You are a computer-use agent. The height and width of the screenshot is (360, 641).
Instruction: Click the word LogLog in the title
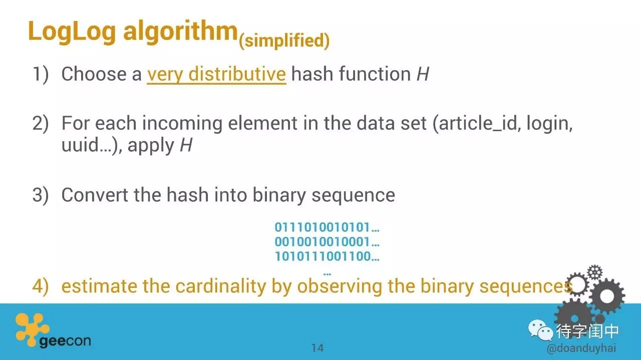point(72,32)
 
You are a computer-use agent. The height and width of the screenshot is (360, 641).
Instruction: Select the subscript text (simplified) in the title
point(284,41)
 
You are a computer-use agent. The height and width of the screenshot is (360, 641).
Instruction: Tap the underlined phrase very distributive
point(217,75)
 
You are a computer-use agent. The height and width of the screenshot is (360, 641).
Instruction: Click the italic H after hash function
point(423,74)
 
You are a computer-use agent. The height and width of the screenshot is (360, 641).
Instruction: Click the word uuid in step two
point(81,145)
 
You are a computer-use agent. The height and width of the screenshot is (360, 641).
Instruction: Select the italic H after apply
point(186,145)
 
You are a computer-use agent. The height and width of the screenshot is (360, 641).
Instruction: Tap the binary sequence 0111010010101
point(322,227)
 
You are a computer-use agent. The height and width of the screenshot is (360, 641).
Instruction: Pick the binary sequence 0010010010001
point(322,242)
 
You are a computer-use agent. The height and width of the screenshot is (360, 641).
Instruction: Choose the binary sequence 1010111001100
point(323,256)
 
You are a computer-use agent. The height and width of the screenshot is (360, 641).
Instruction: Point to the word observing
point(340,286)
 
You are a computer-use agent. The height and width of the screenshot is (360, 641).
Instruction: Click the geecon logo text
point(65,341)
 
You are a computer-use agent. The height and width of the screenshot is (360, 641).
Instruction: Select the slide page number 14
point(317,348)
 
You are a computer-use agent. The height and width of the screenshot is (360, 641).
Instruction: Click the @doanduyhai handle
point(581,348)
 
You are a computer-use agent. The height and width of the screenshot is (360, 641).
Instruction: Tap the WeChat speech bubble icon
point(540,330)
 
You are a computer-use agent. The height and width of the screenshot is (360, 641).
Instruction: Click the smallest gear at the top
point(595,272)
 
